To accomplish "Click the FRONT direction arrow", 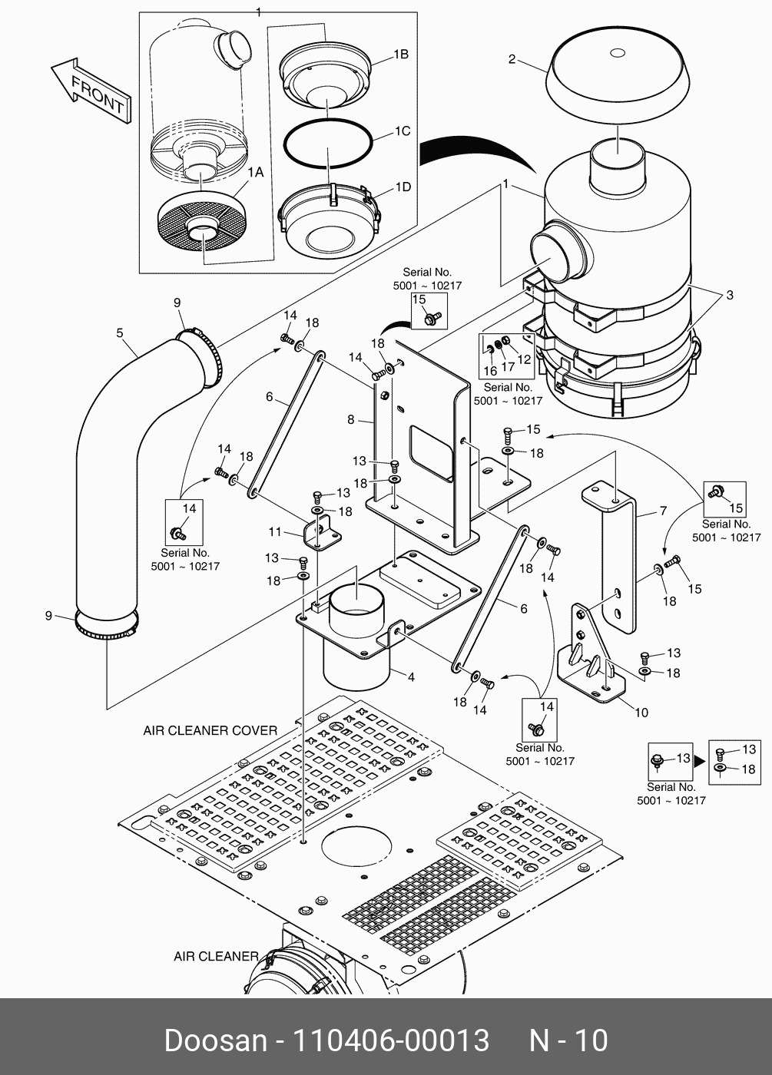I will coord(91,91).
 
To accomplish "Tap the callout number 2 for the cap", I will coord(512,59).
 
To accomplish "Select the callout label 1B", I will coord(400,55).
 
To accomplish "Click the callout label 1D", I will coord(403,187).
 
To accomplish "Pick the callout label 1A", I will coord(255,173).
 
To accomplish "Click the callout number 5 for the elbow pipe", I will coord(120,332).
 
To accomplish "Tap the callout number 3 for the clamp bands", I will coord(729,295).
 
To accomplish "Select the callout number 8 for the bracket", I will coord(351,419).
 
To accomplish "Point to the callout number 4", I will coord(411,676).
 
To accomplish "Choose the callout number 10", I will coord(641,712).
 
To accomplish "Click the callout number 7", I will coord(662,511).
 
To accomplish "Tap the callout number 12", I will coord(524,359).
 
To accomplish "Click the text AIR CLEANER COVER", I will coord(210,730).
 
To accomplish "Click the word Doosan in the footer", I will coord(214,1040).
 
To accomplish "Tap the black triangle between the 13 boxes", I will coord(699,762).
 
